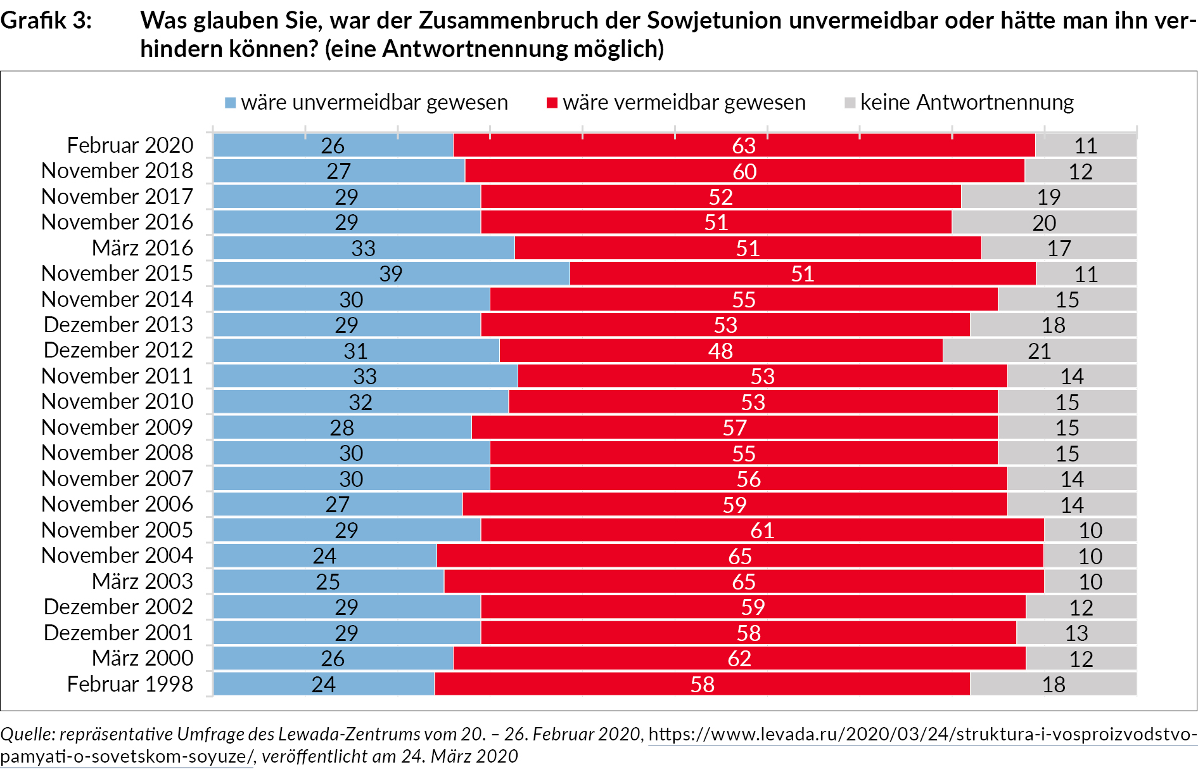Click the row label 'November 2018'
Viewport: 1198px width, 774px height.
117,171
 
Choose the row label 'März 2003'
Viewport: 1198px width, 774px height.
143,581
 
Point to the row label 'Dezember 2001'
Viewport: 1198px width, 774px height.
118,633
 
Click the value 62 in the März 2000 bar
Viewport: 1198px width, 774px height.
739,659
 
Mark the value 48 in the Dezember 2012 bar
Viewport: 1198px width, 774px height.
720,351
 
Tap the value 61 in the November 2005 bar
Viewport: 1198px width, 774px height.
762,530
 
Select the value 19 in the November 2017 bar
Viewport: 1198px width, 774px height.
1048,197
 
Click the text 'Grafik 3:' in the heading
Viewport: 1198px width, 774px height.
46,21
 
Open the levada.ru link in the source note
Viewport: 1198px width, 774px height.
922,734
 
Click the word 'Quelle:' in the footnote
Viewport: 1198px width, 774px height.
28,734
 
